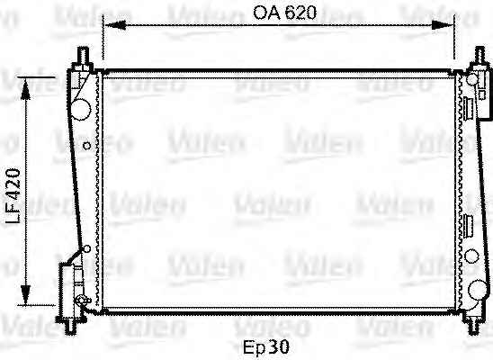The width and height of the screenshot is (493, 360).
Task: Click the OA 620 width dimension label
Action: click(x=284, y=13)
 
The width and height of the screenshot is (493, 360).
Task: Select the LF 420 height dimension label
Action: click(x=13, y=196)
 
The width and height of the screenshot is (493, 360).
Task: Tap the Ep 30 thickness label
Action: click(x=266, y=347)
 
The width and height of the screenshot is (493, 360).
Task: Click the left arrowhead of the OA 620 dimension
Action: click(x=115, y=24)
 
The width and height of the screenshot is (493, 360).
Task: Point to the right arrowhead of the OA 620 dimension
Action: click(x=443, y=25)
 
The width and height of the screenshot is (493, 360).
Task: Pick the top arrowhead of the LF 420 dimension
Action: click(x=25, y=88)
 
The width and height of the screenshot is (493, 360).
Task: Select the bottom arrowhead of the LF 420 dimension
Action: click(x=25, y=294)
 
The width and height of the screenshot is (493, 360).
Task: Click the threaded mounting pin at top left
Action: click(x=83, y=55)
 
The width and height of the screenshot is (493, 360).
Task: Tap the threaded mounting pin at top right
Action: click(x=480, y=55)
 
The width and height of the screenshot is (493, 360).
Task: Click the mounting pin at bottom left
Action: click(x=70, y=326)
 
